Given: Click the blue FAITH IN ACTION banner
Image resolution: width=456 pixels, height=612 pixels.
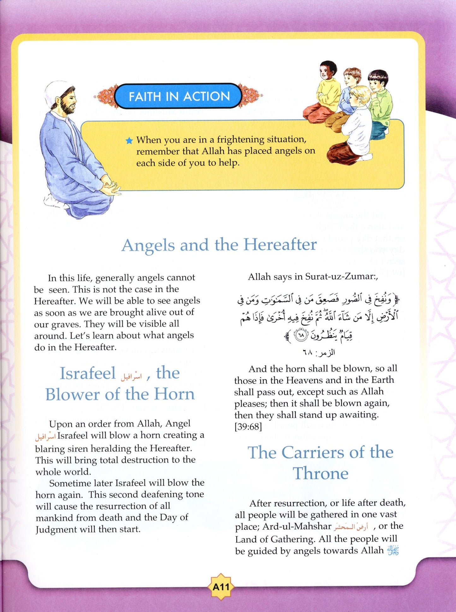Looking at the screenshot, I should (x=178, y=96).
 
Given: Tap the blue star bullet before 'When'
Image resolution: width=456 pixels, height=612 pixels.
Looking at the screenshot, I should (x=129, y=141).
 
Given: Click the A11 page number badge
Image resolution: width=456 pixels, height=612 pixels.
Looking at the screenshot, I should (x=221, y=587).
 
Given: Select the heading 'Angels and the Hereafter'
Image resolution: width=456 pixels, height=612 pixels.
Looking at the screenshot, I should (x=219, y=245).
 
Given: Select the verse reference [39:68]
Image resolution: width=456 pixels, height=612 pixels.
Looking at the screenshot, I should (x=248, y=427).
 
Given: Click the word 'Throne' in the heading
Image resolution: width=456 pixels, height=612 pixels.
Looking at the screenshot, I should (x=321, y=473).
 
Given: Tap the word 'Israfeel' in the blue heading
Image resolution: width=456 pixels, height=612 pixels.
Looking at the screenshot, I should (x=88, y=373).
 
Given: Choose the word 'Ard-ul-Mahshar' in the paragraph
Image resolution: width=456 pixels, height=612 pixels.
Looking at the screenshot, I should (x=297, y=527).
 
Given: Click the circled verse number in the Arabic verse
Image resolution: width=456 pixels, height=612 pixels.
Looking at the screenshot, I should (x=300, y=335).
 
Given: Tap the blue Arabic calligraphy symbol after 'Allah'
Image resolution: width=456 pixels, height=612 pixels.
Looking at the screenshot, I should (x=393, y=551).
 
